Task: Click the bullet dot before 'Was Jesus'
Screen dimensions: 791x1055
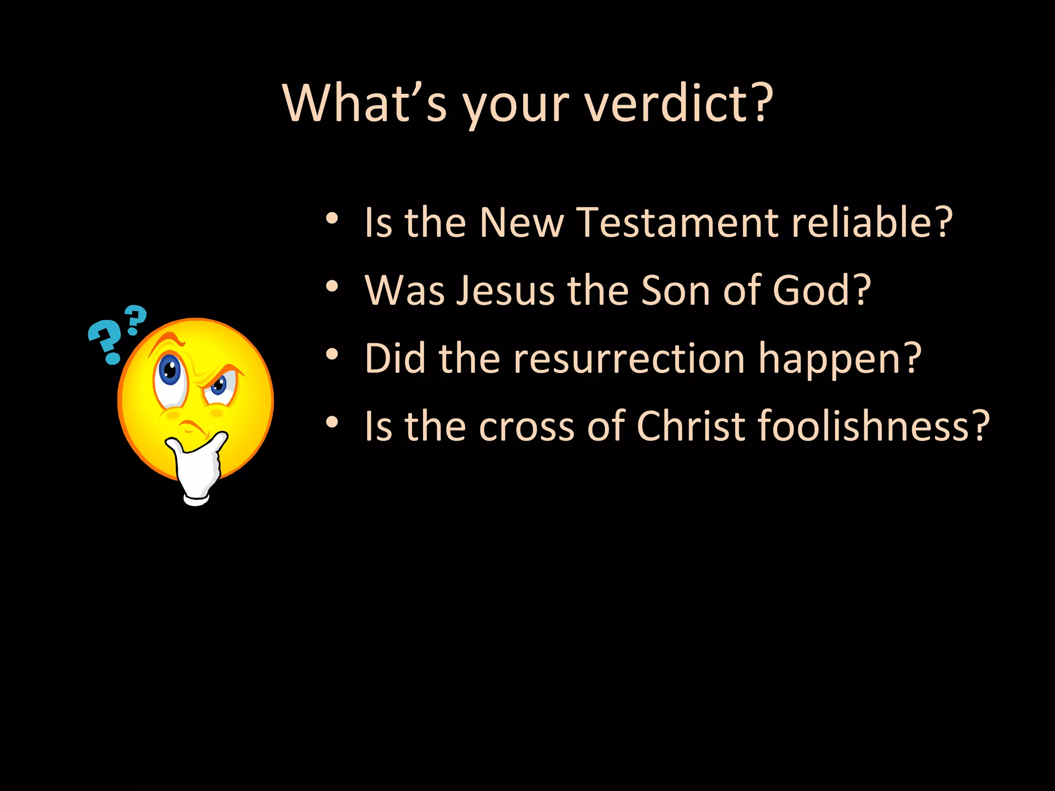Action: (332, 286)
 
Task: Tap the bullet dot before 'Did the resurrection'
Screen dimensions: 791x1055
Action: (332, 354)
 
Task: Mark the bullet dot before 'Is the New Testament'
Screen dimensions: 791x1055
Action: (332, 218)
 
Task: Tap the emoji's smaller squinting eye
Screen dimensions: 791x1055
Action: (218, 386)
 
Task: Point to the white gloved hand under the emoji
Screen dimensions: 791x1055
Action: (198, 469)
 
